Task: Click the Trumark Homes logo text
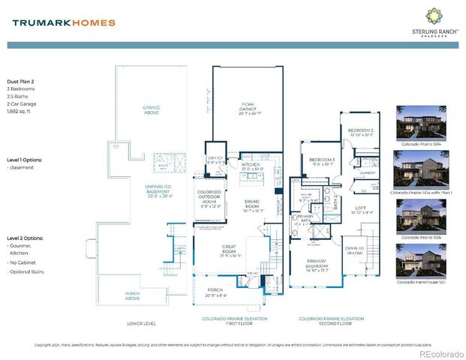(x=64, y=22)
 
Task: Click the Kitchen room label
(x=251, y=166)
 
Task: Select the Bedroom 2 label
(x=359, y=133)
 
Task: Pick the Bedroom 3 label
(x=321, y=162)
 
